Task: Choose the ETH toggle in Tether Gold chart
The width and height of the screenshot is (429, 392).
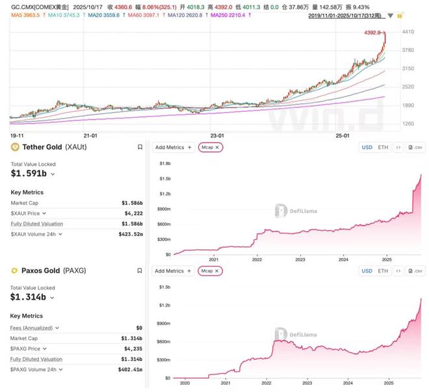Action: click(x=383, y=148)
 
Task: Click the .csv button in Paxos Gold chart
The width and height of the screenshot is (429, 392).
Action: click(x=415, y=270)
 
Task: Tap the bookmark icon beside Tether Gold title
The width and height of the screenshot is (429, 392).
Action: click(x=140, y=148)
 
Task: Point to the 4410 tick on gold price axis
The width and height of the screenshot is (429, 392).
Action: click(x=408, y=31)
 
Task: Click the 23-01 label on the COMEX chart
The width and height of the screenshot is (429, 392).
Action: click(x=217, y=135)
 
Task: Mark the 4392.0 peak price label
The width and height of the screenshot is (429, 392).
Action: click(x=372, y=33)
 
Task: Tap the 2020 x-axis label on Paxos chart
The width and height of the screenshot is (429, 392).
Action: click(x=186, y=385)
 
